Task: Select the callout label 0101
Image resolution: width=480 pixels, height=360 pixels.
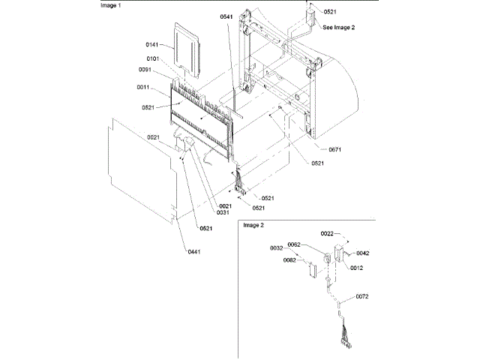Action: click(x=152, y=58)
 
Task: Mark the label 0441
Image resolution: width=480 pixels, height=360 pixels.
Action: click(x=193, y=251)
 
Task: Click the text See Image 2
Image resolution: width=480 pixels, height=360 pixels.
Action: click(x=338, y=27)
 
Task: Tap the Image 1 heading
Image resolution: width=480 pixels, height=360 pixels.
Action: click(x=112, y=4)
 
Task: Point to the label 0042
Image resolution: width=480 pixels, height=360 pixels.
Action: click(x=363, y=253)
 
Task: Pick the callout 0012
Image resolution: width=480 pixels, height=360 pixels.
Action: click(x=356, y=268)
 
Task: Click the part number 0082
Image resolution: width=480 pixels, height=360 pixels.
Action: click(x=289, y=261)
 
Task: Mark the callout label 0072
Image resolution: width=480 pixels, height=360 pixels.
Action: click(x=362, y=298)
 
